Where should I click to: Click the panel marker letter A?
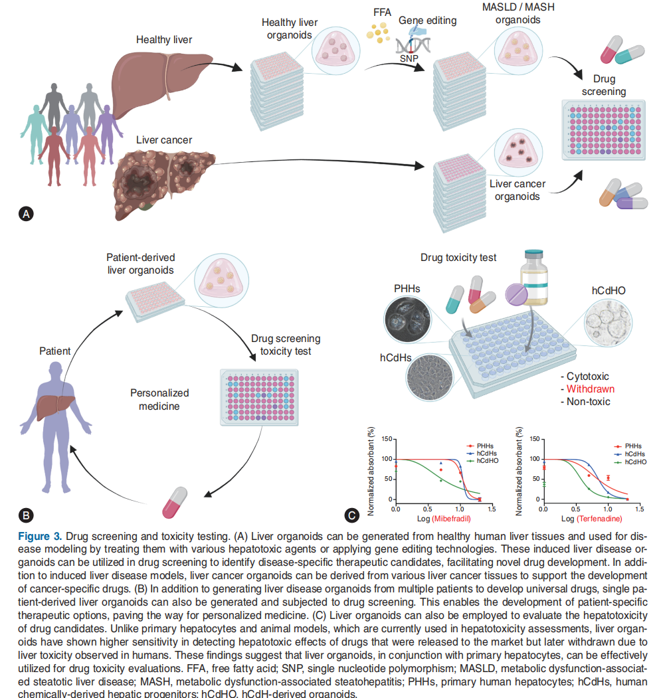point(26,214)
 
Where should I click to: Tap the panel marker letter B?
point(26,514)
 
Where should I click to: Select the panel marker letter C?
point(353,514)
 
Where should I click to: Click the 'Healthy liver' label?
point(164,41)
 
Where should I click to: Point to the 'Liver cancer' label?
point(164,140)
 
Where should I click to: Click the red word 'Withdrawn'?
point(590,389)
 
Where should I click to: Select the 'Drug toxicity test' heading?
point(458,257)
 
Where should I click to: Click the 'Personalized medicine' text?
point(159,399)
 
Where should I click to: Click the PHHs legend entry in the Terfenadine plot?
point(632,446)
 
